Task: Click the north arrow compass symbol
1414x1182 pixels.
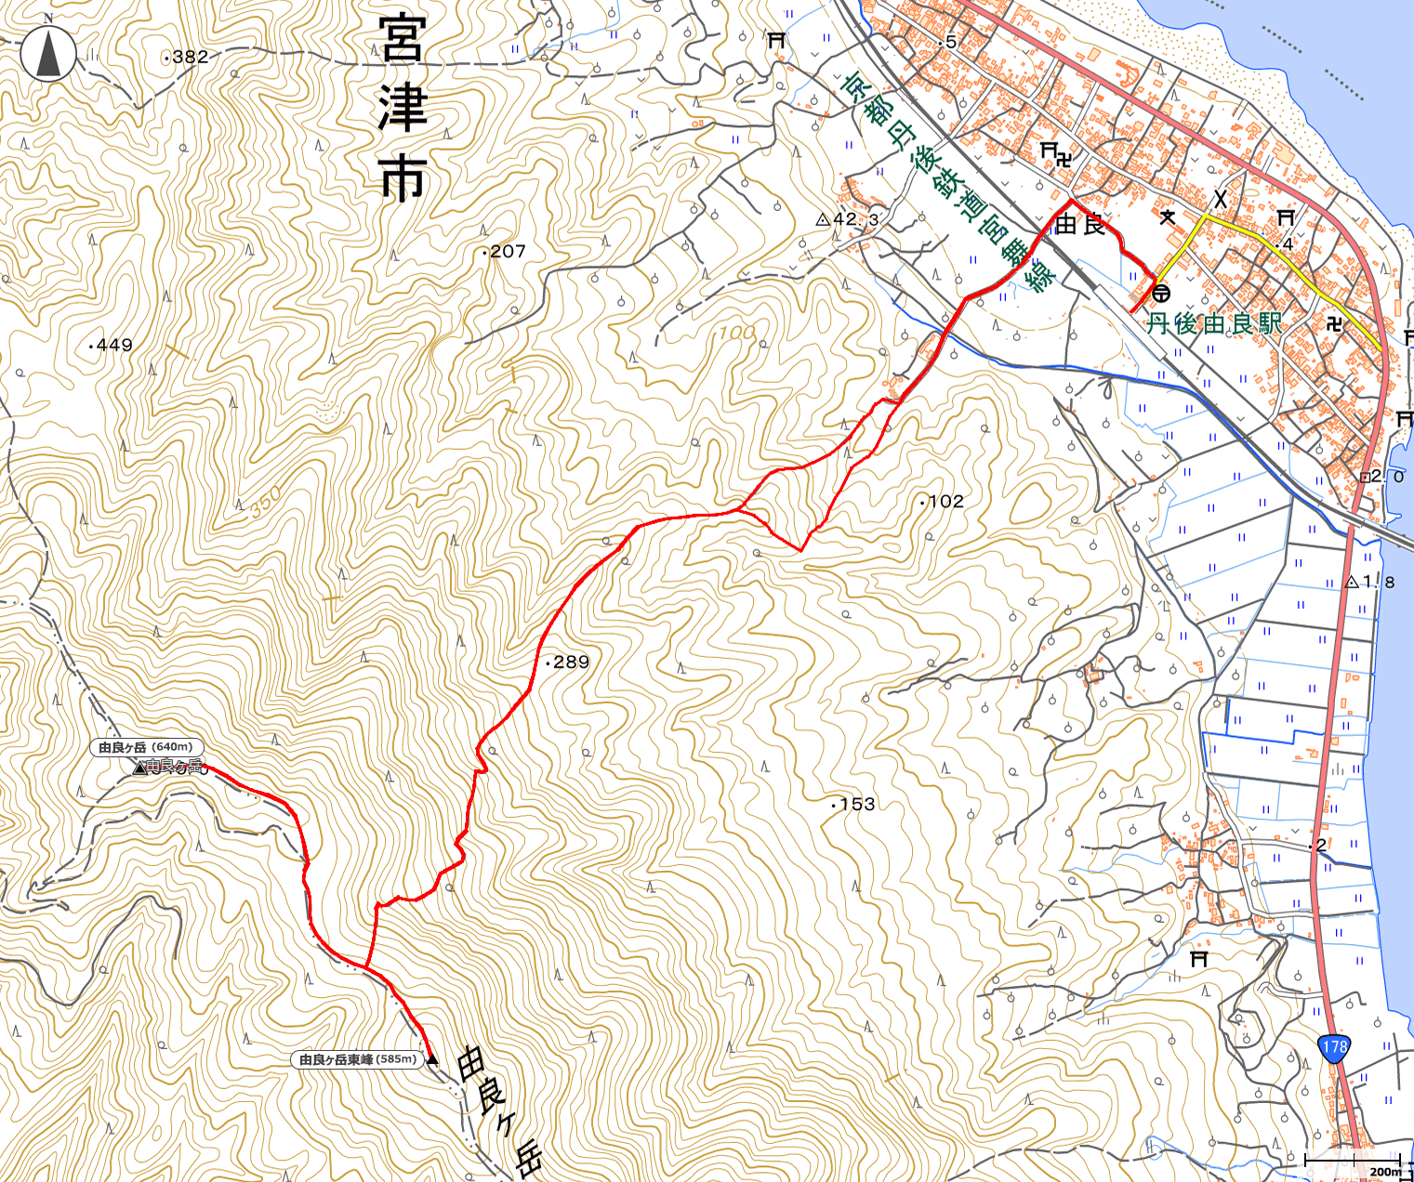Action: (x=49, y=53)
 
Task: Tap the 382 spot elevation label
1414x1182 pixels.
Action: (x=189, y=57)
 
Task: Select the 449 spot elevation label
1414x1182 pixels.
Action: (x=113, y=345)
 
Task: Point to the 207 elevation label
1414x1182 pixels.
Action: (x=507, y=251)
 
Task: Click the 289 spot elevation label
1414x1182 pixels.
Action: (x=570, y=663)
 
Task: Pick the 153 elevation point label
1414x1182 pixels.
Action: (x=855, y=804)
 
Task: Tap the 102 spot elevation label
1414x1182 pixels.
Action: (x=945, y=501)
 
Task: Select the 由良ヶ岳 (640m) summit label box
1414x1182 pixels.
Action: (x=146, y=747)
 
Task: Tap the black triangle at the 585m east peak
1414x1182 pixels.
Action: (x=432, y=1059)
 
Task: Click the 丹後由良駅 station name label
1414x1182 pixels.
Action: (x=1213, y=323)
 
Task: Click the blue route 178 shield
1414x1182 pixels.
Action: (x=1333, y=1046)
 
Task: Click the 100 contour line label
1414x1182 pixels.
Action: (x=732, y=333)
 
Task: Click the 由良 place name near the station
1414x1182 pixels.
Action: (x=1080, y=224)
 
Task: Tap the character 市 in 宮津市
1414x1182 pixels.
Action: (x=402, y=177)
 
